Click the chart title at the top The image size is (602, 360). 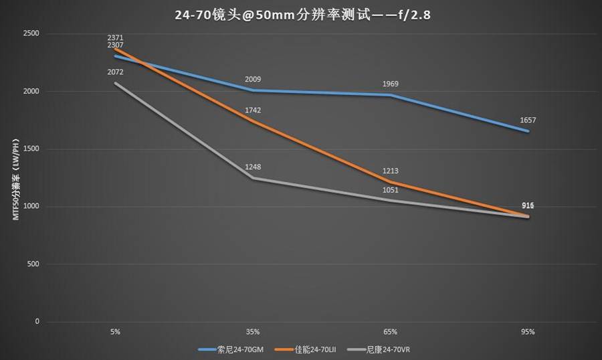301,13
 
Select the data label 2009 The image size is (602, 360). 253,80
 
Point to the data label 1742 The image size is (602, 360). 253,110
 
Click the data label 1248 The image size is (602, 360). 253,167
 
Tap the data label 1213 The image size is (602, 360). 391,171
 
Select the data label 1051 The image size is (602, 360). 391,190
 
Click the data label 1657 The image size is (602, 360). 528,120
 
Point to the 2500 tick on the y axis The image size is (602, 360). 31,33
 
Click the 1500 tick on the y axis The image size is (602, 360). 31,149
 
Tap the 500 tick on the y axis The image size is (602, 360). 33,264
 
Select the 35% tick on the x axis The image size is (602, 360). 253,332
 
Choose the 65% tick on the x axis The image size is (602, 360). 391,332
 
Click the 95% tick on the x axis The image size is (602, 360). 528,332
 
